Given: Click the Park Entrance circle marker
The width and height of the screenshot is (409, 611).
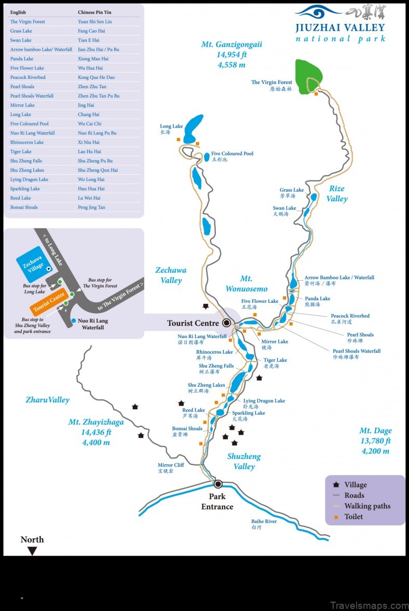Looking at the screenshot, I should coord(218,484).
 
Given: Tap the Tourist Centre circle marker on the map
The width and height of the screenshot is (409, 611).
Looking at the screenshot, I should coord(226,323).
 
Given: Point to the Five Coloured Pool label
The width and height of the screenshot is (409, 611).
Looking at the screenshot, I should coord(232,154).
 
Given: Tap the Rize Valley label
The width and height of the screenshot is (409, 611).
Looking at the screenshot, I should coord(337,193).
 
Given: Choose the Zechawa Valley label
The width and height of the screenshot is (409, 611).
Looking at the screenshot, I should coord(171,275).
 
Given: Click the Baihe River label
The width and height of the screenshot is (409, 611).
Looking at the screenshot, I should coord(264,522).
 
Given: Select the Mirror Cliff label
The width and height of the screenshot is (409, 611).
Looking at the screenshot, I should coord(171,465).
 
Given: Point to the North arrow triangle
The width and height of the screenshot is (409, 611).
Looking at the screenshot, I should coord(32,551).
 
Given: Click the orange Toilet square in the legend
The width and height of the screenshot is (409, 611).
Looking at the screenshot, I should coord(336,517).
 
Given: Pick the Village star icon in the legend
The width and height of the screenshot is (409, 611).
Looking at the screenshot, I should coord(336,485).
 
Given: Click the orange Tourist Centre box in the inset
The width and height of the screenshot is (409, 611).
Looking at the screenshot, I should coord(49,303).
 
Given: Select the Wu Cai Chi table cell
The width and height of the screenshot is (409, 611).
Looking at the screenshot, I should coord(90,124).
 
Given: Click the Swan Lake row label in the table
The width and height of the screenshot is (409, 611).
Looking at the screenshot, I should coord(21,40).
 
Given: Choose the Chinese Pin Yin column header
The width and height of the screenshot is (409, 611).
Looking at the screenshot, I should coord(95,12).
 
